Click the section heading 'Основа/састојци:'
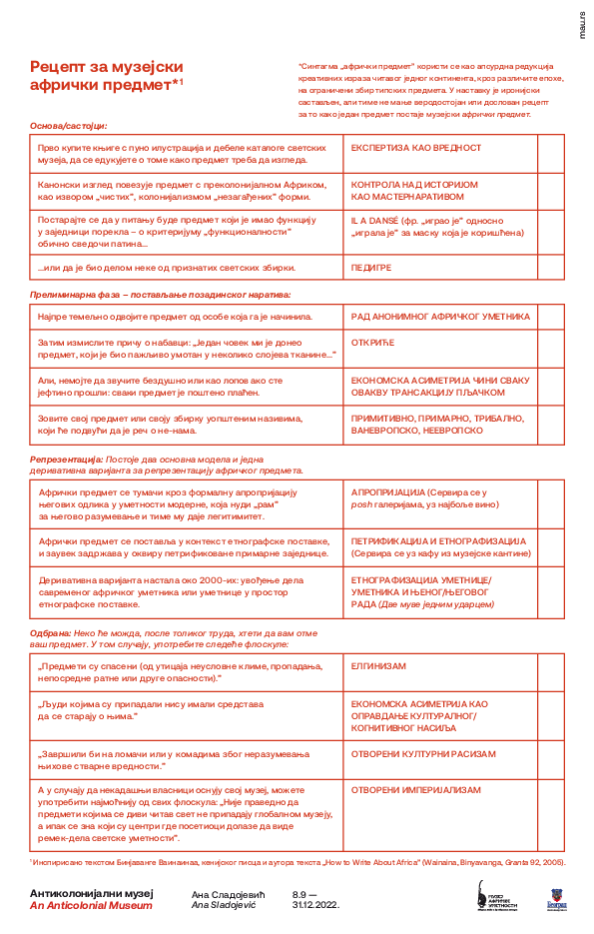(x=68, y=126)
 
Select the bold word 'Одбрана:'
(x=50, y=632)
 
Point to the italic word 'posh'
(x=362, y=504)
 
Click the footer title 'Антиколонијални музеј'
(x=92, y=893)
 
